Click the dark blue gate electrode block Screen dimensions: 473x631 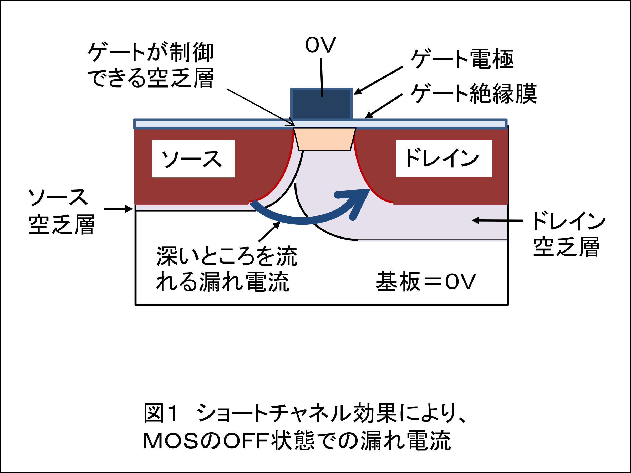322,104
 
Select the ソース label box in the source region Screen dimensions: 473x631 193,158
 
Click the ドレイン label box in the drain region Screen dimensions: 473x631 444,158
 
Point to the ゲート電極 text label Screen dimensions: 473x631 462,59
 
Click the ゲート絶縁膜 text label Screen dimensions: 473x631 474,94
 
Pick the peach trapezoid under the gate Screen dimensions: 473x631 325,139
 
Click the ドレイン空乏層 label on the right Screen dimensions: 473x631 568,234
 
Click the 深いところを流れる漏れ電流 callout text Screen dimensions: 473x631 227,269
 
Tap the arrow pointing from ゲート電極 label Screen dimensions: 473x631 378,80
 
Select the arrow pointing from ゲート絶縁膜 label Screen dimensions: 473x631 384,106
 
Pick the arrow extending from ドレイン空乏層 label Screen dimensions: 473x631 498,220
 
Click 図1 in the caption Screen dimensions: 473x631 161,413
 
